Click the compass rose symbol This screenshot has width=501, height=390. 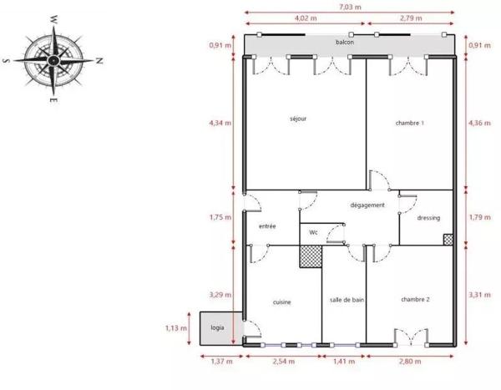(52, 59)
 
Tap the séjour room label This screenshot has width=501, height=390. (297, 119)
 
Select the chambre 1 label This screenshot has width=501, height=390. (409, 124)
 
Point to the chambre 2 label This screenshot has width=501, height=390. (414, 299)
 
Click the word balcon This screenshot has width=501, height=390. (344, 42)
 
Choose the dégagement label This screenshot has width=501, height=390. (367, 205)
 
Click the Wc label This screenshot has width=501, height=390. (313, 232)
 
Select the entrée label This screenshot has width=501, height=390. (267, 226)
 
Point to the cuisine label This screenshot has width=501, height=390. (281, 302)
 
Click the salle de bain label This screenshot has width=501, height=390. (346, 300)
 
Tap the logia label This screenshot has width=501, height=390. (217, 328)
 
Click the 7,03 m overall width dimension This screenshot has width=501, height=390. (351, 6)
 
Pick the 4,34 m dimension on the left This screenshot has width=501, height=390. (220, 124)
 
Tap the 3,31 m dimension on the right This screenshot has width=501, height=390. (479, 294)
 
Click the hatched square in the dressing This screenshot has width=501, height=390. (448, 240)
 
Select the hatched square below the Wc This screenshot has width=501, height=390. (311, 256)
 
